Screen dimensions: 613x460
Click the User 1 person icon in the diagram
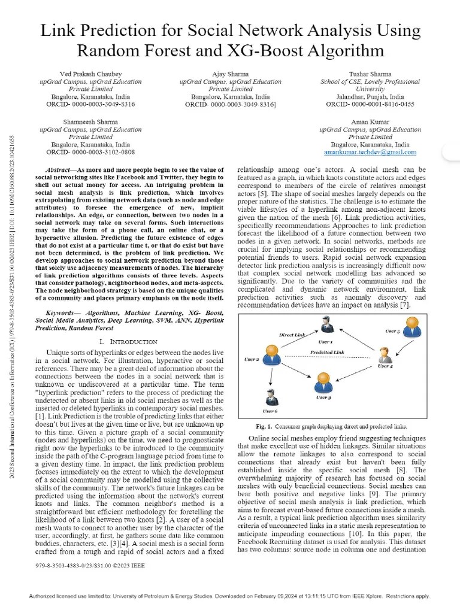tap(326, 327)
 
